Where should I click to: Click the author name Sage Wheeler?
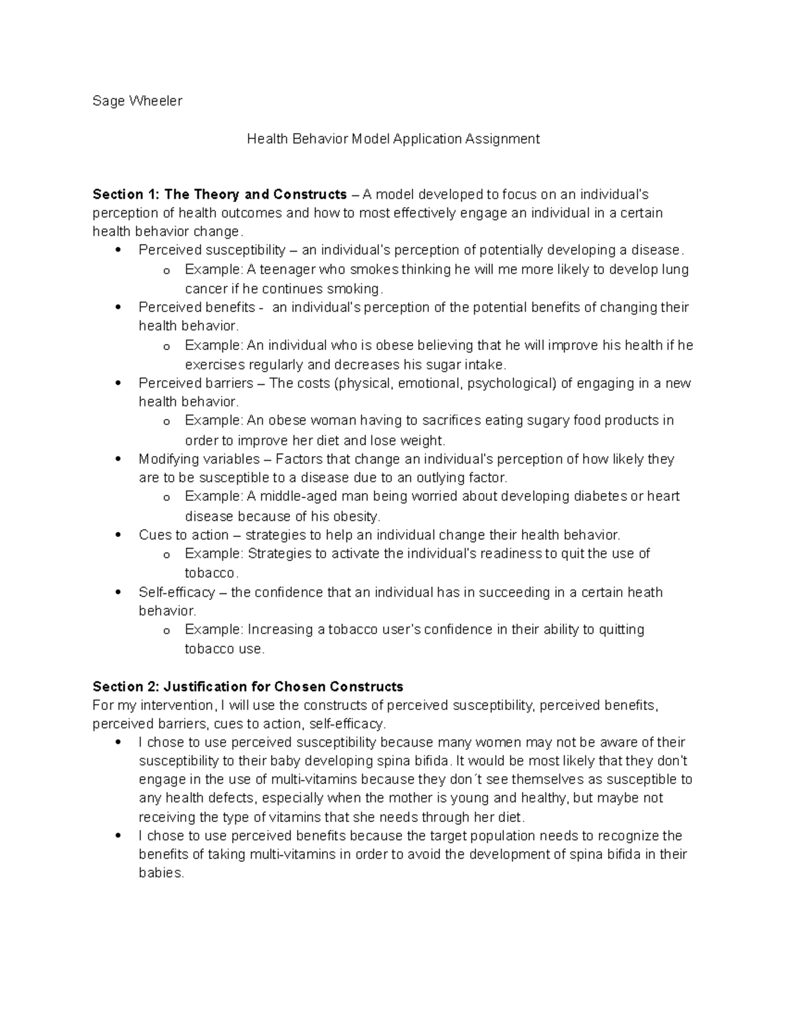pyautogui.click(x=137, y=101)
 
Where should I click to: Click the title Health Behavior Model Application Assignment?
pyautogui.click(x=393, y=139)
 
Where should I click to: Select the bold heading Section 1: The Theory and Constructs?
pyautogui.click(x=220, y=195)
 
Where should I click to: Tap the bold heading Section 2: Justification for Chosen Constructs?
pyautogui.click(x=248, y=687)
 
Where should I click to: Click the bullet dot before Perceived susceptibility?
pyautogui.click(x=118, y=250)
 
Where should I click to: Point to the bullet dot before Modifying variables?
pyautogui.click(x=118, y=459)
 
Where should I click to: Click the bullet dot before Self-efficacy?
pyautogui.click(x=118, y=592)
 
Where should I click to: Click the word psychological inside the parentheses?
pyautogui.click(x=511, y=383)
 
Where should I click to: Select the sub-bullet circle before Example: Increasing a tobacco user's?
pyautogui.click(x=167, y=631)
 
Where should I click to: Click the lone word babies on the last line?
pyautogui.click(x=161, y=873)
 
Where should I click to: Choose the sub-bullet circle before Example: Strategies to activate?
pyautogui.click(x=167, y=555)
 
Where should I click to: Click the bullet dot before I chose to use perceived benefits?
pyautogui.click(x=118, y=836)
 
